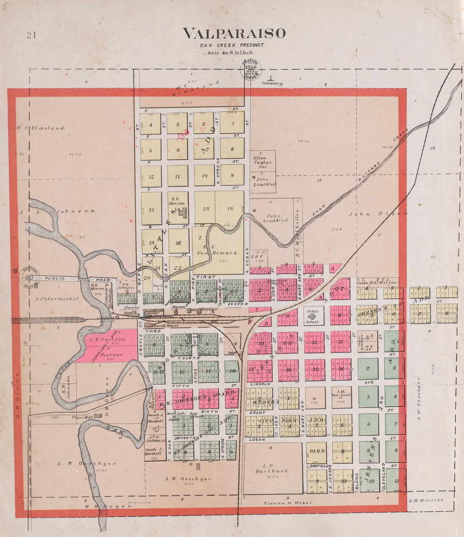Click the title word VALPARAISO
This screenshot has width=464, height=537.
(x=234, y=33)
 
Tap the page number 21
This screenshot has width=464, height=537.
(x=31, y=35)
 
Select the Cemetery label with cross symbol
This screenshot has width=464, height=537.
(x=272, y=81)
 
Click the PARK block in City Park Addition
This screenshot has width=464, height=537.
(x=317, y=451)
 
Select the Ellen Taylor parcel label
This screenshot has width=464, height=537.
(x=262, y=160)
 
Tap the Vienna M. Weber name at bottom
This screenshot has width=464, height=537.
(x=288, y=503)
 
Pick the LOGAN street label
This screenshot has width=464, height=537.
(x=257, y=440)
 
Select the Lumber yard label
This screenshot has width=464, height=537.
(x=152, y=313)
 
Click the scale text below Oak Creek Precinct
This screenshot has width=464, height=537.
(x=230, y=53)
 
